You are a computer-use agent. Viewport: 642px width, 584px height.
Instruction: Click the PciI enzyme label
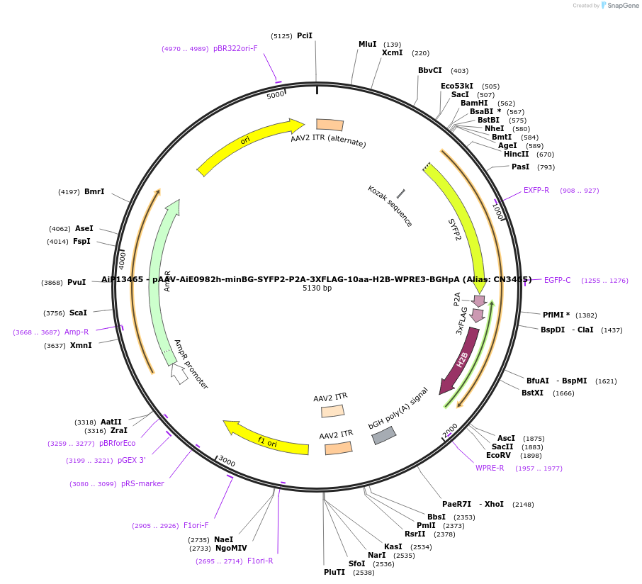305,35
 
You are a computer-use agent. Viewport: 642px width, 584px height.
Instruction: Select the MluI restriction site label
367,44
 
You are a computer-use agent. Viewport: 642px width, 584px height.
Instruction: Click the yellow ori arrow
248,145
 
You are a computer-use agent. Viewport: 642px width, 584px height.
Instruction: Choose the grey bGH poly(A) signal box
383,436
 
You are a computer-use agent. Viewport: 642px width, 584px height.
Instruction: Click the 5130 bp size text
317,288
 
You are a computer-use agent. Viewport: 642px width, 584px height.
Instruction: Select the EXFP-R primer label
536,190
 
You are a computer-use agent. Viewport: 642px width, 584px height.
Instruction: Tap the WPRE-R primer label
490,468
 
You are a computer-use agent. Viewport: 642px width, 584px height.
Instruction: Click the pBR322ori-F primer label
235,49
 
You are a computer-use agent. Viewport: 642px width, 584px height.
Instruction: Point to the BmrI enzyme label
94,191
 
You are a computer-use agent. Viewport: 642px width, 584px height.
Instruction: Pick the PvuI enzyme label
77,282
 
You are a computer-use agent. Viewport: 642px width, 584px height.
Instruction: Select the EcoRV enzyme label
498,455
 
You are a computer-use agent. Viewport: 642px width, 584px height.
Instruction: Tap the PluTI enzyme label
334,572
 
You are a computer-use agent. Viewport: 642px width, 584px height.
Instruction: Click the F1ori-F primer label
196,525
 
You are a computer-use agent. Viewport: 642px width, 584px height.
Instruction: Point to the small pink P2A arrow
480,301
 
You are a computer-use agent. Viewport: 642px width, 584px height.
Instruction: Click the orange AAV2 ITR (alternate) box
330,125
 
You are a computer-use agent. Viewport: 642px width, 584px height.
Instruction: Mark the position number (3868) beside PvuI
52,282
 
